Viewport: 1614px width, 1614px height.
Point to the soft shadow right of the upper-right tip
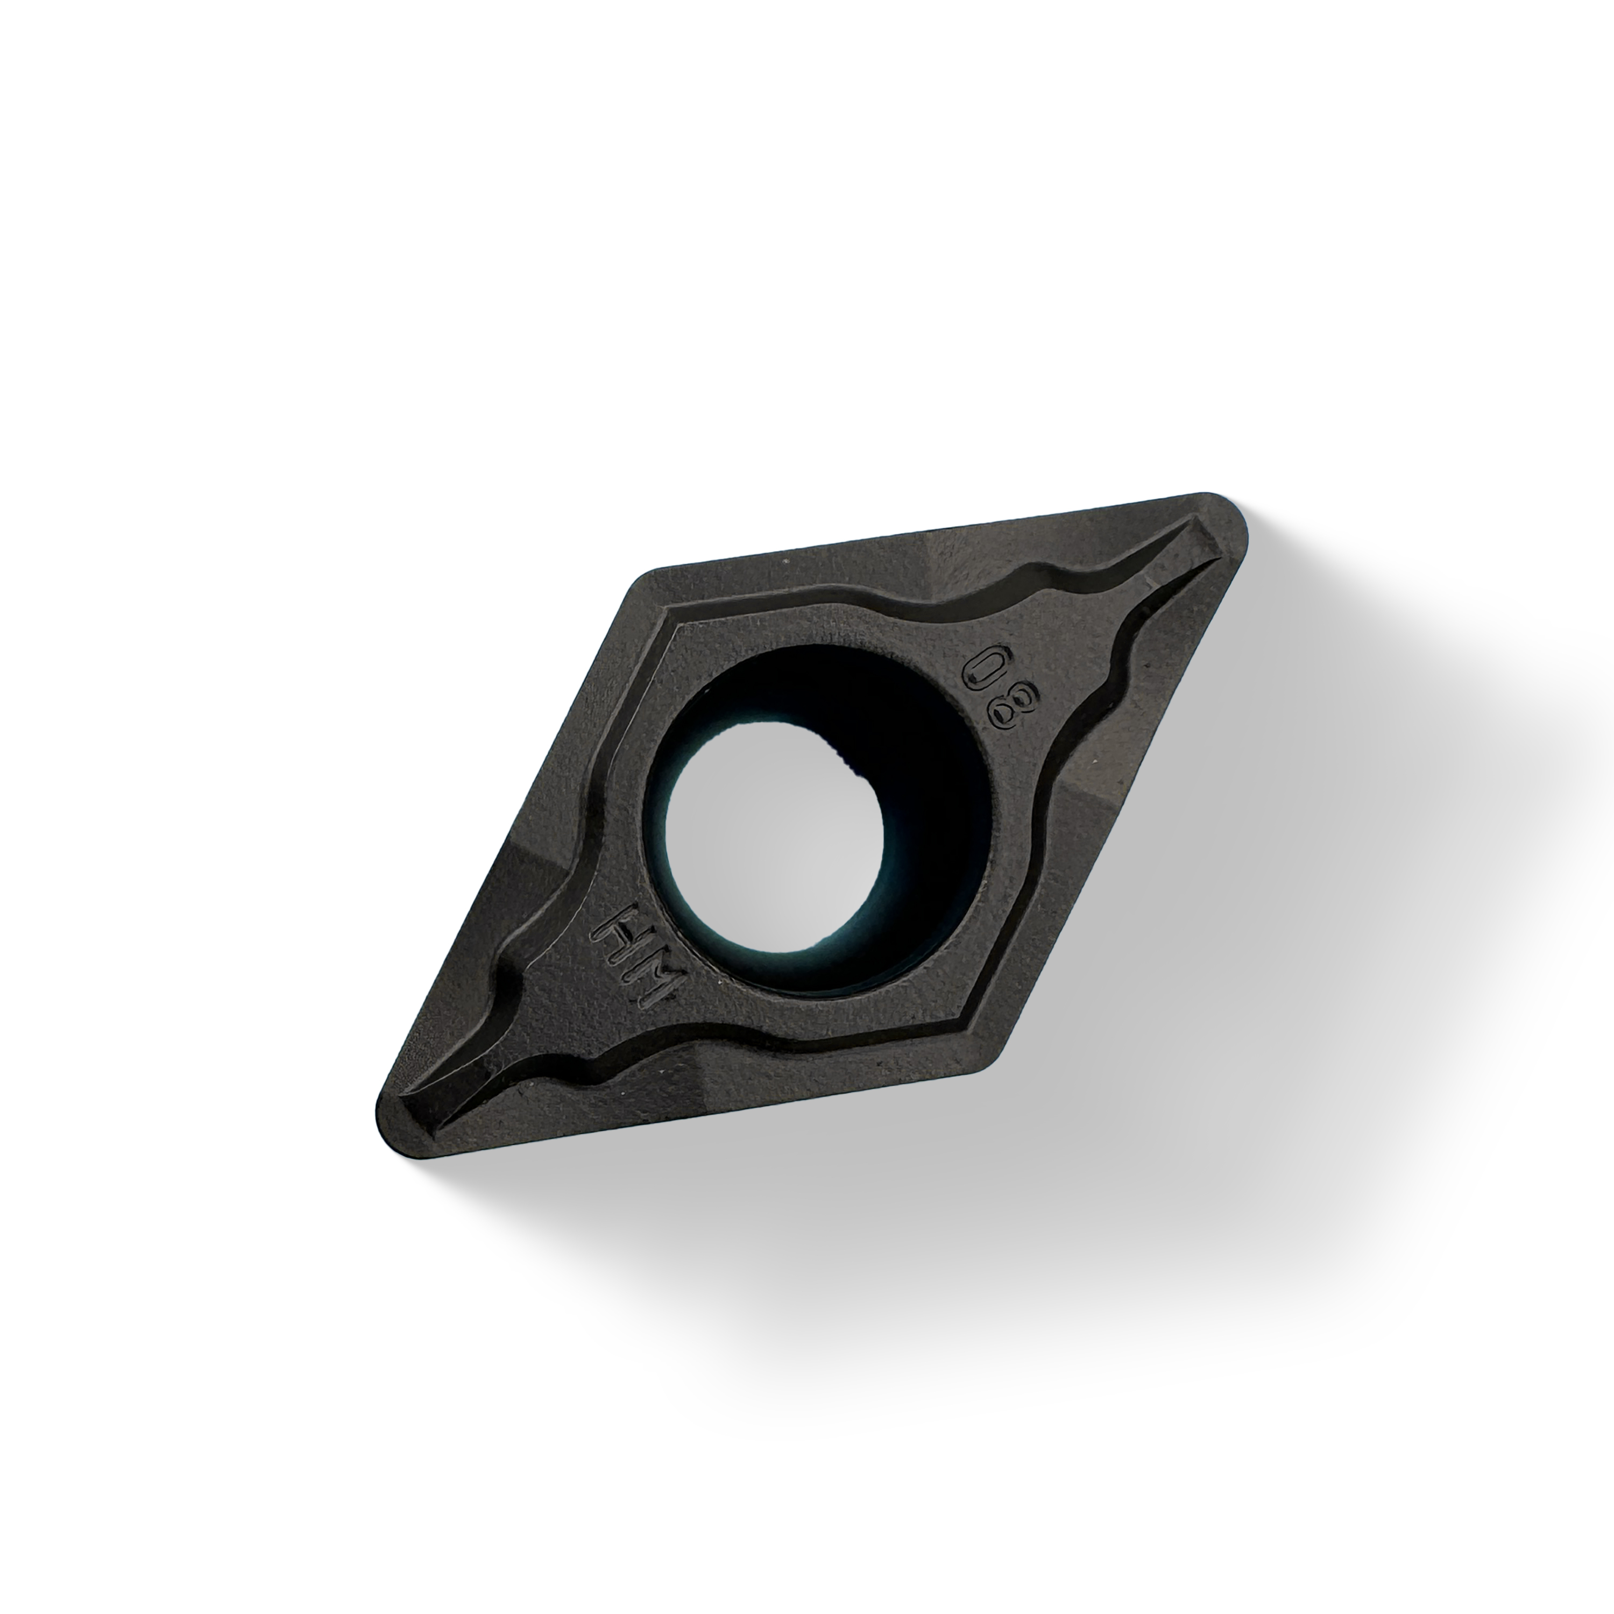click(x=1303, y=568)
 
